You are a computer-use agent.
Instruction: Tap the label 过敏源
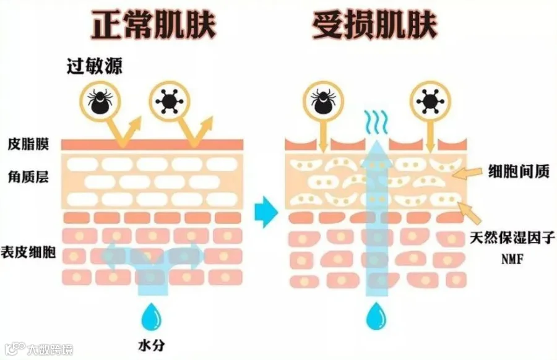point(95,67)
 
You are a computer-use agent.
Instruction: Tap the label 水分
point(150,344)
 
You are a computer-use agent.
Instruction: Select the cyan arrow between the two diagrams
point(267,209)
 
